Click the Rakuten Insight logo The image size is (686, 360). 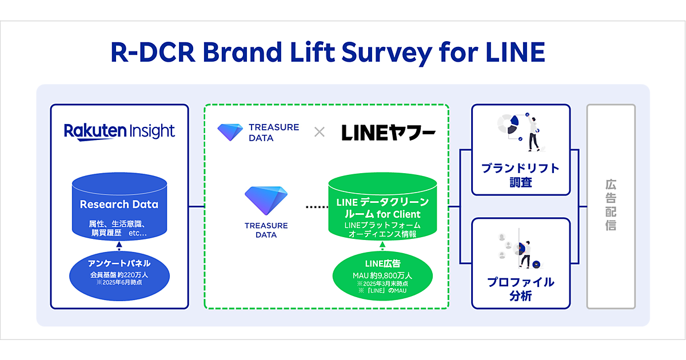coord(119,131)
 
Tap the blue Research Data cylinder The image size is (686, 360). coord(119,207)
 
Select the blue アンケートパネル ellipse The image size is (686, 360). coord(119,273)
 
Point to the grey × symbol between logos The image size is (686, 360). coord(320,133)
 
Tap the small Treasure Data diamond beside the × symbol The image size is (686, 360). coord(230,132)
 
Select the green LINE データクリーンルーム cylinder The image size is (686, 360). coord(382,209)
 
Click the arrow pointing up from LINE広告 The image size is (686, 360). coord(382,245)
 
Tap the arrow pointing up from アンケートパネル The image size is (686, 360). coord(119,246)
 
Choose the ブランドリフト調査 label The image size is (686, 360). coord(520,175)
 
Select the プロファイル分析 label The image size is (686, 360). coord(520,289)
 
